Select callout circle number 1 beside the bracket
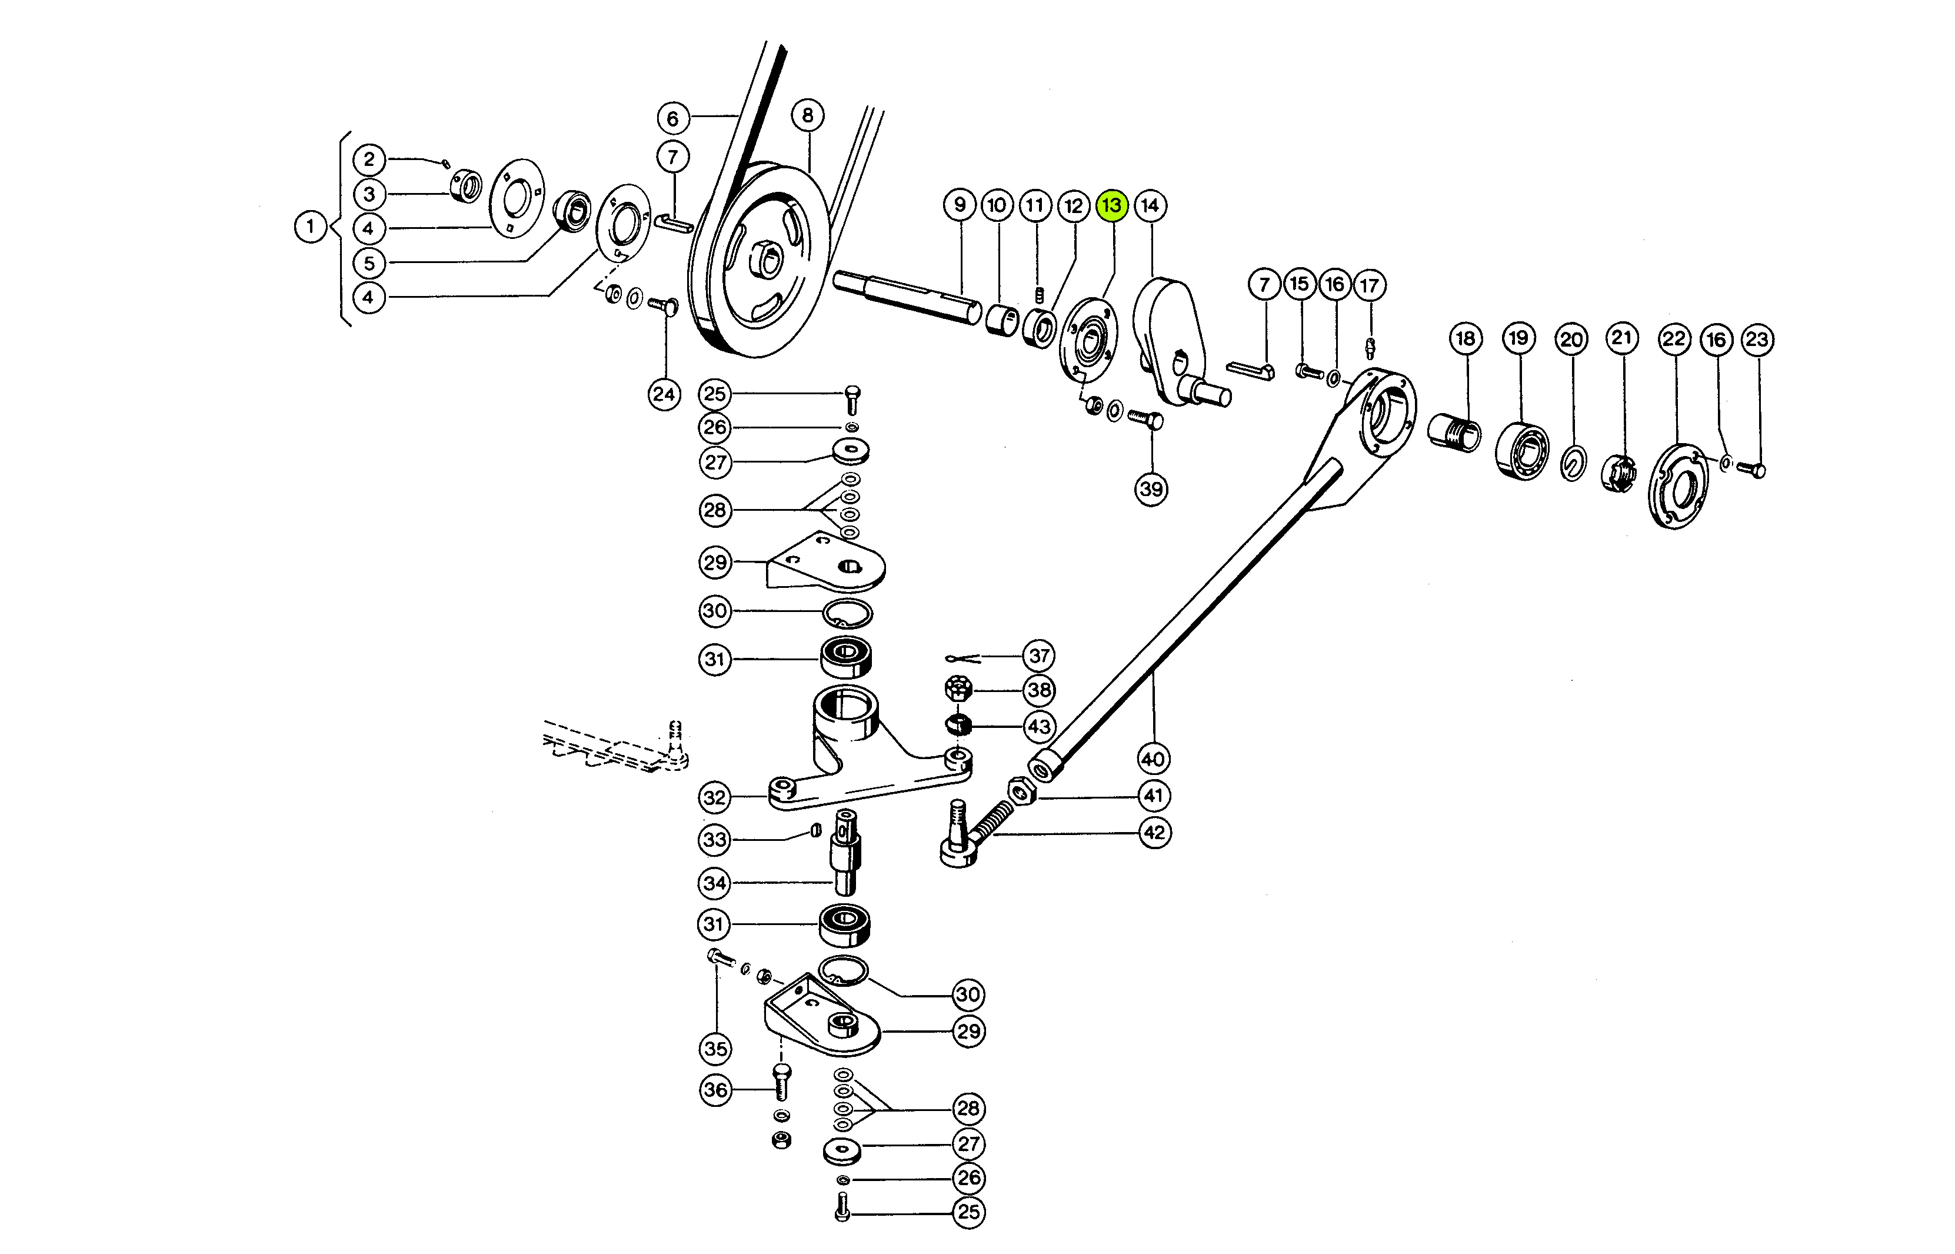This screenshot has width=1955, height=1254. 310,227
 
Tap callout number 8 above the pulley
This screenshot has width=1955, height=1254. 807,115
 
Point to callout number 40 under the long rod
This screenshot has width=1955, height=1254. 1153,760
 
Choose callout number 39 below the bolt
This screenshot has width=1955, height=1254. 1151,490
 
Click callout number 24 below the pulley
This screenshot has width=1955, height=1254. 664,395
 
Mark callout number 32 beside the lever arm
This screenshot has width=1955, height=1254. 715,797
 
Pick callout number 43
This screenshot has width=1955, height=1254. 1038,726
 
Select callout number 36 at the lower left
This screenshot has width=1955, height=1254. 715,1089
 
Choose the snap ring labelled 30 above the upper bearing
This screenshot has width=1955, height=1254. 847,613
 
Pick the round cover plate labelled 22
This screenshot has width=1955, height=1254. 1678,487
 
